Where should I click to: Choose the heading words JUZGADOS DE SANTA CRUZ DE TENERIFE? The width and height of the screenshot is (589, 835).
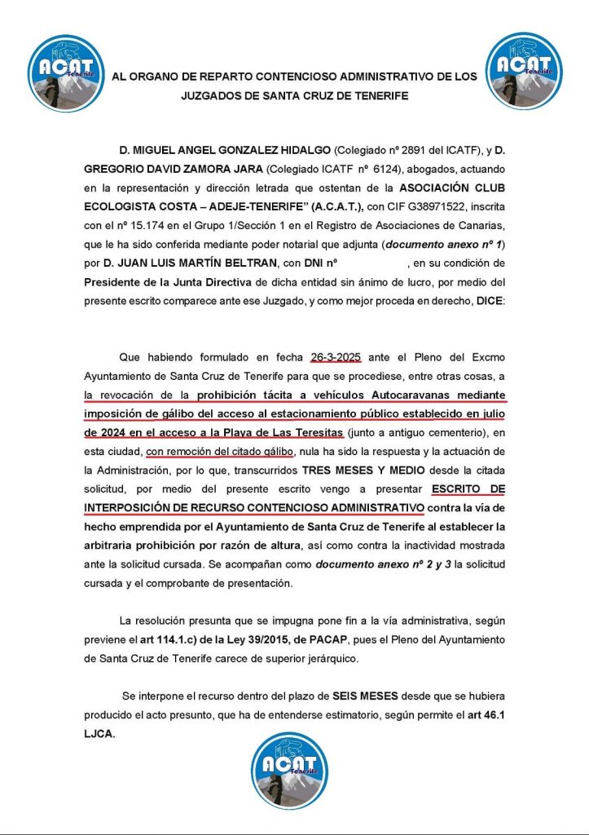pos(295,95)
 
